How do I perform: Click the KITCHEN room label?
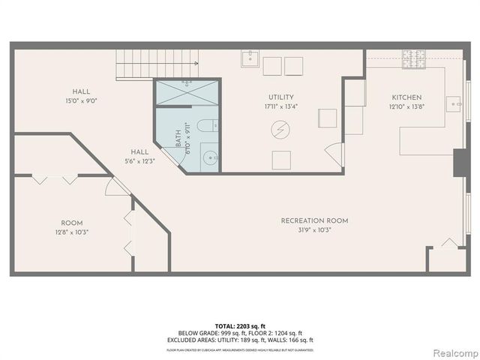click(x=406, y=97)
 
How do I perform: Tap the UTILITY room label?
click(x=281, y=97)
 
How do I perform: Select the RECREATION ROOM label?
click(x=314, y=220)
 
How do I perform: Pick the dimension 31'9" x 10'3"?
click(x=314, y=229)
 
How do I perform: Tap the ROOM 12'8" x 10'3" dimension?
click(x=72, y=232)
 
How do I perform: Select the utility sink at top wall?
click(x=250, y=58)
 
